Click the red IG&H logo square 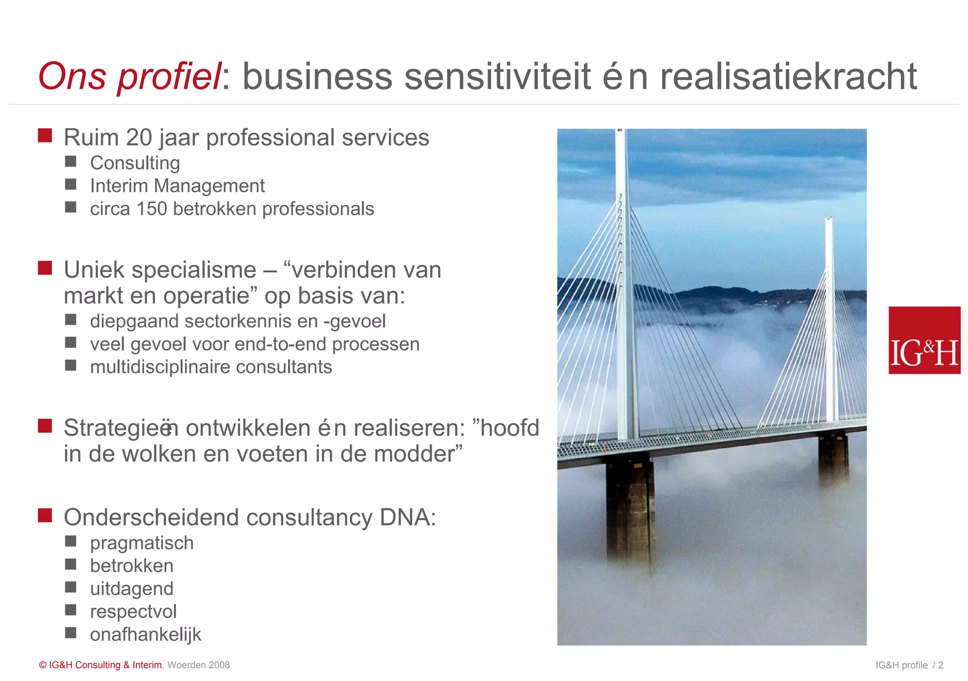click(x=924, y=340)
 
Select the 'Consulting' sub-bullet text click(x=135, y=163)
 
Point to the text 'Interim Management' click(x=177, y=186)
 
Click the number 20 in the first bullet click(x=139, y=138)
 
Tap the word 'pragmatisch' click(x=142, y=543)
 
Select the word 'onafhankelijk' click(x=146, y=634)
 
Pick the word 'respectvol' click(x=133, y=612)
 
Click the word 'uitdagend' click(x=132, y=589)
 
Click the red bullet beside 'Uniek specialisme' click(x=45, y=268)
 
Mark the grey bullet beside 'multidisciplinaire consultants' click(x=71, y=365)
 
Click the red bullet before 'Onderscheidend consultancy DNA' click(x=45, y=515)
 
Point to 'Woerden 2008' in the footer click(x=199, y=665)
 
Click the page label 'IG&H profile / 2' click(x=909, y=665)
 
